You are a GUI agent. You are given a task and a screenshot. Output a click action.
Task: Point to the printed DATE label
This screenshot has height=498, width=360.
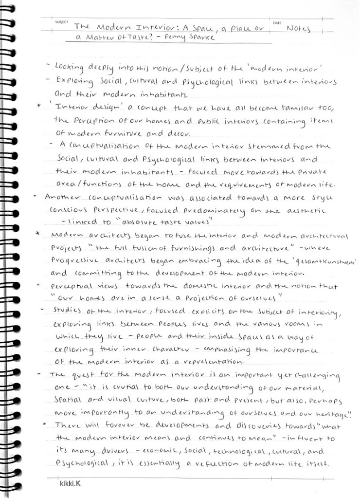[x=277, y=23]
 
